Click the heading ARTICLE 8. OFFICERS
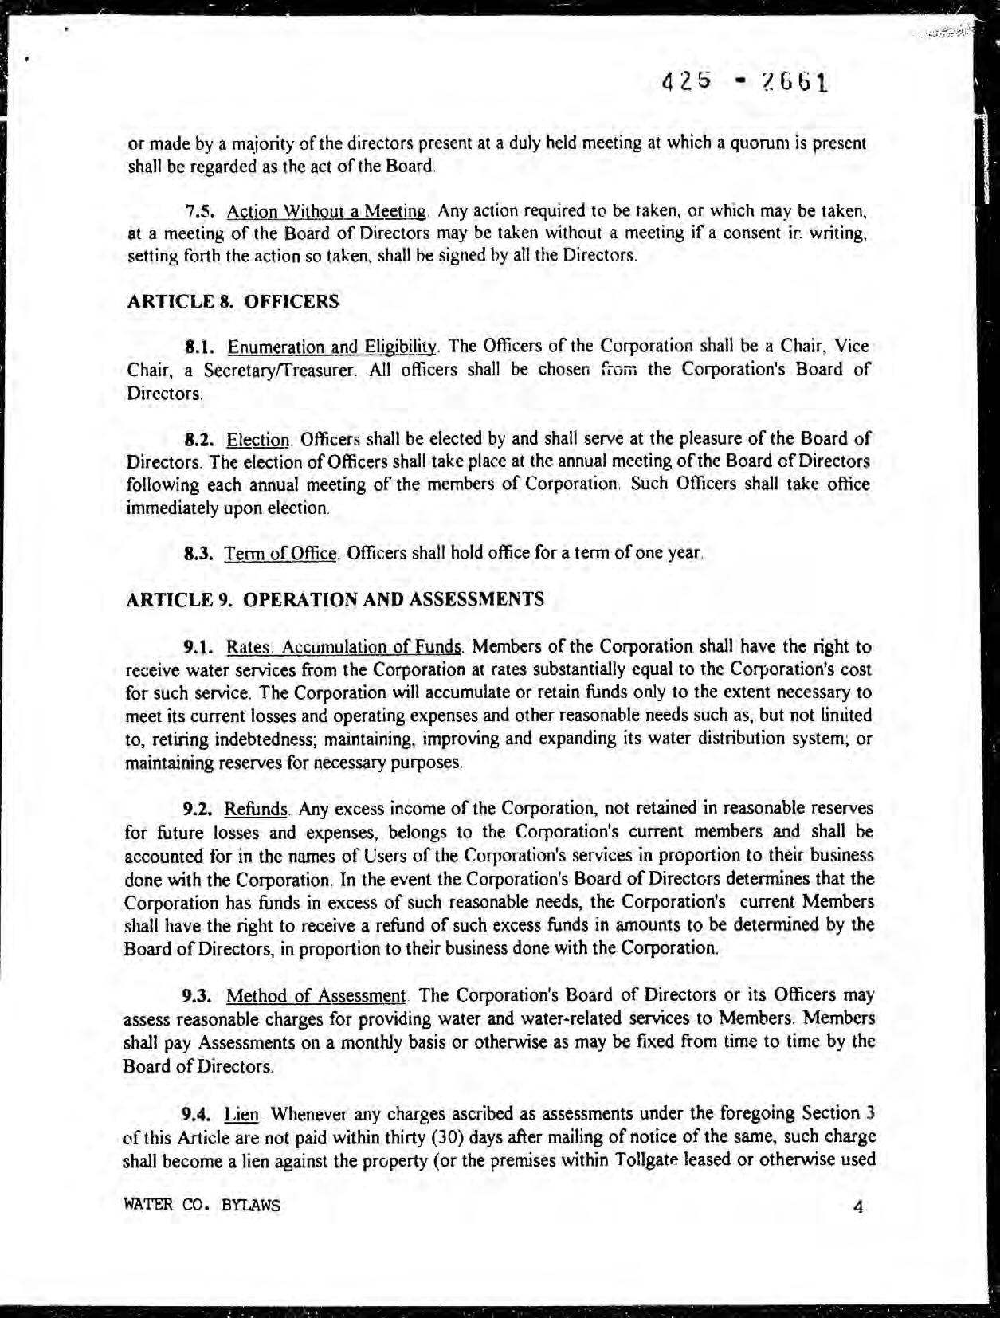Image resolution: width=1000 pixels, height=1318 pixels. point(233,301)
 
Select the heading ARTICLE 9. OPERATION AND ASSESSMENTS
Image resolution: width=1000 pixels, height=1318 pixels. point(335,599)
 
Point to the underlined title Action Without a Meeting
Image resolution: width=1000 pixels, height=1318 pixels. point(327,212)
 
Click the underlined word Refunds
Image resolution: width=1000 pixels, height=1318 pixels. point(256,810)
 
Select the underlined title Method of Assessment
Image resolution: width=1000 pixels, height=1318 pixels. point(317,996)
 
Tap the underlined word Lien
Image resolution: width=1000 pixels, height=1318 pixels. point(238,1113)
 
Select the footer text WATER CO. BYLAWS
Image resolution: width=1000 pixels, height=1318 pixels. point(202,1206)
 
